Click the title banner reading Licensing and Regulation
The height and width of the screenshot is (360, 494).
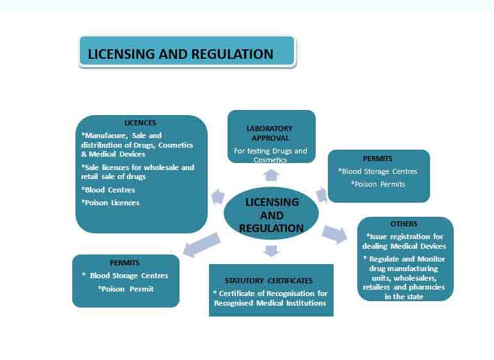[187, 51]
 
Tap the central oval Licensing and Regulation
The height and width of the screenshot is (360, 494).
[271, 214]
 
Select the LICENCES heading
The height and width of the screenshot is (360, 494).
[140, 123]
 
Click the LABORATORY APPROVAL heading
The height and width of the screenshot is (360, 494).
[270, 134]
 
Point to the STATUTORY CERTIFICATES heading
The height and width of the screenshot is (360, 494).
[268, 281]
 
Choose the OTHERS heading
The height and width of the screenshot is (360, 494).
[404, 224]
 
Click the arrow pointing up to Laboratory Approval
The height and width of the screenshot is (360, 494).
[271, 175]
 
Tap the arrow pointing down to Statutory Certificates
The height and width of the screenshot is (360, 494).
[271, 251]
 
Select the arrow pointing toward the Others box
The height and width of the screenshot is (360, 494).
[334, 234]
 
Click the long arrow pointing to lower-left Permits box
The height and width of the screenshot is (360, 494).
[201, 245]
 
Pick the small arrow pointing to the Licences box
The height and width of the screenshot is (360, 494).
[218, 197]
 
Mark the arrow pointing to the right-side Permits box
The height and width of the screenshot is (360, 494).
[321, 194]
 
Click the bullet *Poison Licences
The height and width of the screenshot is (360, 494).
[111, 203]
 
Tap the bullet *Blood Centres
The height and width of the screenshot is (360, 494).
[108, 190]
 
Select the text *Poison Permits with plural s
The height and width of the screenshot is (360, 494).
[378, 184]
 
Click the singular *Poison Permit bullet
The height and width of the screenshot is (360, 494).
[125, 289]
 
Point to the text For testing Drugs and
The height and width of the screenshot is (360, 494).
[270, 151]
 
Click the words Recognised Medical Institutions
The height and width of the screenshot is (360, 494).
[270, 303]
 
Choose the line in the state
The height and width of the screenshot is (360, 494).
[404, 297]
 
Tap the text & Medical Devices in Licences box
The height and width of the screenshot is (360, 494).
[113, 154]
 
